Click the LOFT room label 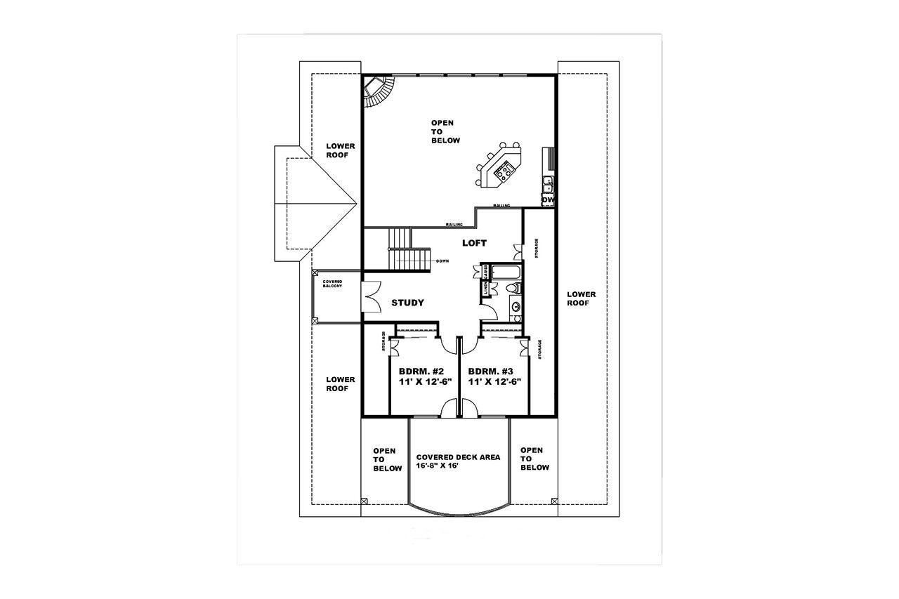474,243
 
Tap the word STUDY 407,303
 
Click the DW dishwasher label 549,200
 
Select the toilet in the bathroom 513,289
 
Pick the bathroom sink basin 516,307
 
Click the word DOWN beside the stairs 442,261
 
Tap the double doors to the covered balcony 370,296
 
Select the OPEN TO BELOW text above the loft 445,131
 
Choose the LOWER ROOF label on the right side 582,298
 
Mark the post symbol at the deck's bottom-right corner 554,501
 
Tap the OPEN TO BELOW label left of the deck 387,459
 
